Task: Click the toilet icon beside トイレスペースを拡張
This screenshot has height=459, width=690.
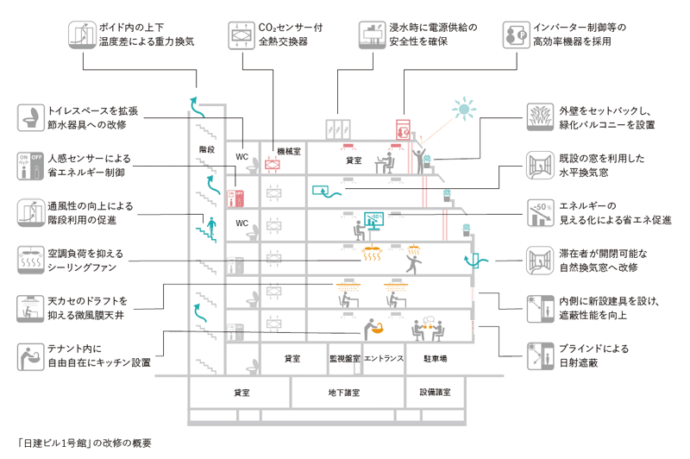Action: [x=31, y=117]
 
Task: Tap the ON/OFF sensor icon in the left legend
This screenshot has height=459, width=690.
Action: [x=31, y=166]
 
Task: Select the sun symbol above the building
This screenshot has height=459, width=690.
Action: [x=464, y=109]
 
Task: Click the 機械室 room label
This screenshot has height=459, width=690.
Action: [x=289, y=151]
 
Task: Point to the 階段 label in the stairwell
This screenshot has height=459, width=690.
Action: [x=207, y=149]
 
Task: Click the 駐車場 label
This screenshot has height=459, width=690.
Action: [x=436, y=359]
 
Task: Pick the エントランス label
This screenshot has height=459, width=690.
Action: [x=384, y=359]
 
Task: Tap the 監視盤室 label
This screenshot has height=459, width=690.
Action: [x=345, y=359]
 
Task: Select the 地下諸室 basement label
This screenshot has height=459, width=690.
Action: [x=344, y=393]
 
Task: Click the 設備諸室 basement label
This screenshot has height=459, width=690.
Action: [x=436, y=392]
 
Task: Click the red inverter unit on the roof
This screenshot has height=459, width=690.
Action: [x=403, y=129]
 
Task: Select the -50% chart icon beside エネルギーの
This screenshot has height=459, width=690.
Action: [x=541, y=213]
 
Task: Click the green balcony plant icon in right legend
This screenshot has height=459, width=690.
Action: [x=541, y=117]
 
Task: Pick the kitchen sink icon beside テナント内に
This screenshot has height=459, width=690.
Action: [x=31, y=357]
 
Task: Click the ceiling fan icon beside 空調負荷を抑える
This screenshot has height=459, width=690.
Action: [x=31, y=260]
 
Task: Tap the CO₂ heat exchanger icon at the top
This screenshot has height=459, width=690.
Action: [x=241, y=35]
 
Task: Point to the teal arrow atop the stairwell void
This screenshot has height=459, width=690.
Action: [x=197, y=108]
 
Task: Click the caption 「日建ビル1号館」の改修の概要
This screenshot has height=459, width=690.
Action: [x=85, y=443]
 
